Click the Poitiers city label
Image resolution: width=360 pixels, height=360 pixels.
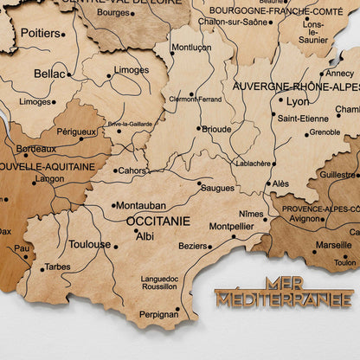click(39, 33)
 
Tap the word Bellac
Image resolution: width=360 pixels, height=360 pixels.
click(48, 74)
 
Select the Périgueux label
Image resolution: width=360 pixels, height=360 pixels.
click(76, 132)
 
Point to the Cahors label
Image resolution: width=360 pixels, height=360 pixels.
click(132, 170)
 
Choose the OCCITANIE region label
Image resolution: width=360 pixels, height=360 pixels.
click(157, 221)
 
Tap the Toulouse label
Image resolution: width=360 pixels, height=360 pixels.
click(90, 244)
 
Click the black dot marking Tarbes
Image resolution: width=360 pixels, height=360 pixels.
click(41, 267)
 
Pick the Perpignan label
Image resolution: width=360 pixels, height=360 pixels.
click(158, 314)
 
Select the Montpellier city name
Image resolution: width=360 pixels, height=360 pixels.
click(231, 227)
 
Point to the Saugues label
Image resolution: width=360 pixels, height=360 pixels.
click(217, 186)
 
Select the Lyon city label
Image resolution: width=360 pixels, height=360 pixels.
click(298, 100)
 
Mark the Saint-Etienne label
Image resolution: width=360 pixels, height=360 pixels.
click(302, 118)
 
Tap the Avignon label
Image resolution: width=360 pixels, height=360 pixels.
click(305, 218)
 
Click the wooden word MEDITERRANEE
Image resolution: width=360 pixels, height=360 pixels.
click(283, 299)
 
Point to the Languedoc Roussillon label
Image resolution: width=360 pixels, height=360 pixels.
click(159, 283)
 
